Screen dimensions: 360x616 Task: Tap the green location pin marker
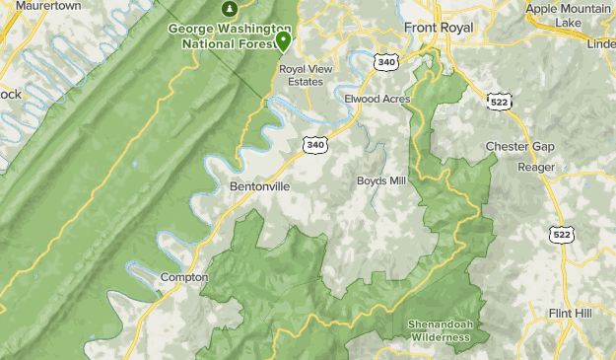283,41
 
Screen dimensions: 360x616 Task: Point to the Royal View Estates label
308,76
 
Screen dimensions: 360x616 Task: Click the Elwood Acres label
376,99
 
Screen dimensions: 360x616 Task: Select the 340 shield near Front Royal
386,61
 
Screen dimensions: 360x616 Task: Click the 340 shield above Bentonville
314,145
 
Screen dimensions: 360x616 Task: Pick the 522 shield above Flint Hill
561,233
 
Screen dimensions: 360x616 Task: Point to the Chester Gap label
520,147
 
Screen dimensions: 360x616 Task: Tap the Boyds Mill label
380,181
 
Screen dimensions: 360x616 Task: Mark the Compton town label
182,277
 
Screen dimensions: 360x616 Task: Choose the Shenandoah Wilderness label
440,330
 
